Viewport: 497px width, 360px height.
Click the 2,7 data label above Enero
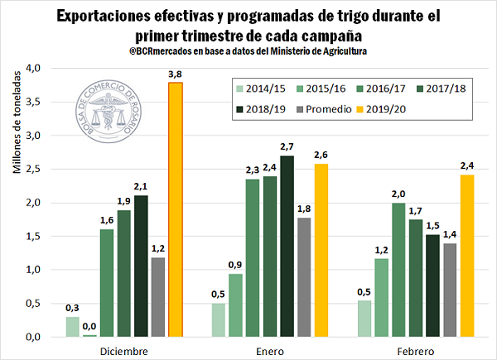pyautogui.click(x=287, y=146)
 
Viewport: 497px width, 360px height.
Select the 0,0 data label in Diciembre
pyautogui.click(x=89, y=325)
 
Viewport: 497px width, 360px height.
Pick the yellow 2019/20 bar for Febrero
pyautogui.click(x=467, y=257)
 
